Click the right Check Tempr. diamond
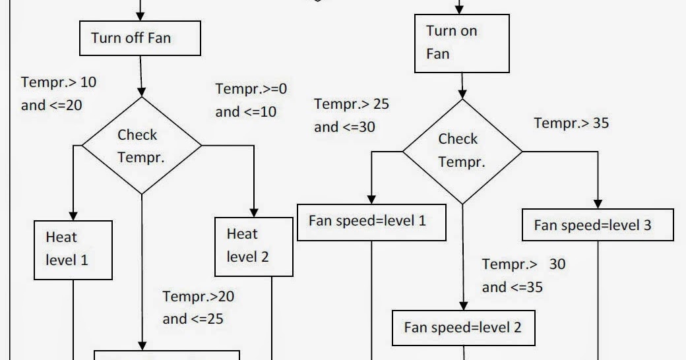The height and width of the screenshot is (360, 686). (462, 150)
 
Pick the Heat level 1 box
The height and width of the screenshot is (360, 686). (73, 249)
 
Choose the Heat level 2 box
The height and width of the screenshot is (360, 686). (254, 245)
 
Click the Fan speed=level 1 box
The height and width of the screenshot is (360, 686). (372, 221)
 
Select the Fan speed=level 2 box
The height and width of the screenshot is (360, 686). (462, 327)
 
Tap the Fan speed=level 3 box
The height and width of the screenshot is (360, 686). (598, 225)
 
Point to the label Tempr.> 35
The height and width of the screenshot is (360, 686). (571, 123)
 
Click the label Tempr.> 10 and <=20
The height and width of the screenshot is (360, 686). (58, 94)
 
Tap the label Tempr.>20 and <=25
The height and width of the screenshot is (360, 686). (197, 308)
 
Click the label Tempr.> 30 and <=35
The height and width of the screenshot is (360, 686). (523, 276)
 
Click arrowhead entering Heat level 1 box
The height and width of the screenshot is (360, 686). (73, 215)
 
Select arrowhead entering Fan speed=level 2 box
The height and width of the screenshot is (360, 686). (462, 304)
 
